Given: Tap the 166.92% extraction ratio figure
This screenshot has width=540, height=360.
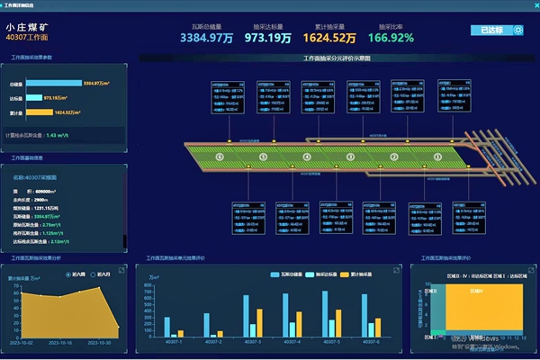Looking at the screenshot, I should [391, 39].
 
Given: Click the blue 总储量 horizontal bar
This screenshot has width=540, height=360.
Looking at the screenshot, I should [54, 83].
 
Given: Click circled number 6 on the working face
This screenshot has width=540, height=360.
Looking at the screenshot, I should [218, 157].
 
